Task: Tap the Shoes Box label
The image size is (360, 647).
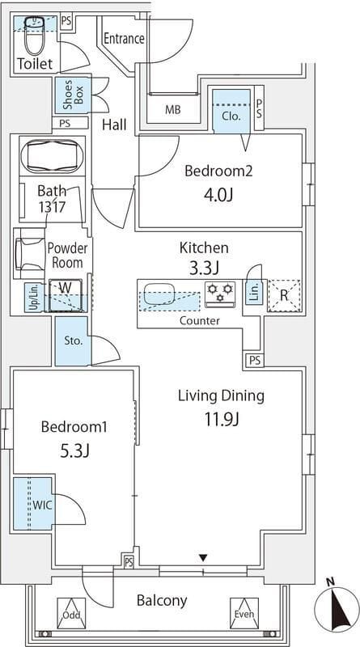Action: point(73,95)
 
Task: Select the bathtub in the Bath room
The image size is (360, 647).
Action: point(52,156)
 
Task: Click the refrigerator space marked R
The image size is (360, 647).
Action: point(283,295)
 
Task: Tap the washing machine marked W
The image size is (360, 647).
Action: point(66,295)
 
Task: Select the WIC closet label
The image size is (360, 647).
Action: point(43,505)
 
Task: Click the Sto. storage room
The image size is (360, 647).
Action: point(73,340)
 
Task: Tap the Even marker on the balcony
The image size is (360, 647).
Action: point(244,613)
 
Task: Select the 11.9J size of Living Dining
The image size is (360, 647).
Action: point(222,420)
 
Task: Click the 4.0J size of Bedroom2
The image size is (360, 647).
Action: point(218,194)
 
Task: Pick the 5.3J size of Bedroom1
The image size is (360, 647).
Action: point(74,450)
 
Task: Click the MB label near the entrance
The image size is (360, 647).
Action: point(173,110)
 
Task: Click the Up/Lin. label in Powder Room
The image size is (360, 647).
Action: point(34,297)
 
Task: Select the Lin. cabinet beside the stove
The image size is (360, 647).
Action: point(255,293)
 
